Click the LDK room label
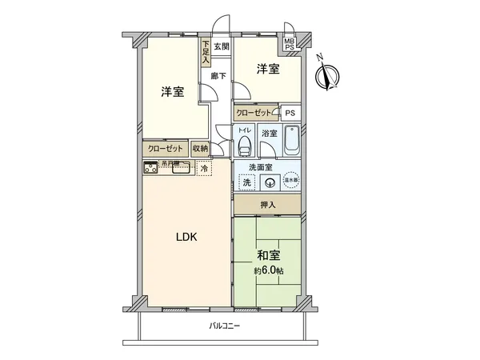186,237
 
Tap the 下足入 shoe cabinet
206,52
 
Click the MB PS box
289,43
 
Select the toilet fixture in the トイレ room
244,145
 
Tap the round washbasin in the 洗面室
269,182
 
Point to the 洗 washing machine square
246,182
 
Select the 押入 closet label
267,206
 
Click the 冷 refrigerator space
205,169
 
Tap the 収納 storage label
200,148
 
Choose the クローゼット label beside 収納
166,148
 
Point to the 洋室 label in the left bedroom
172,91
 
